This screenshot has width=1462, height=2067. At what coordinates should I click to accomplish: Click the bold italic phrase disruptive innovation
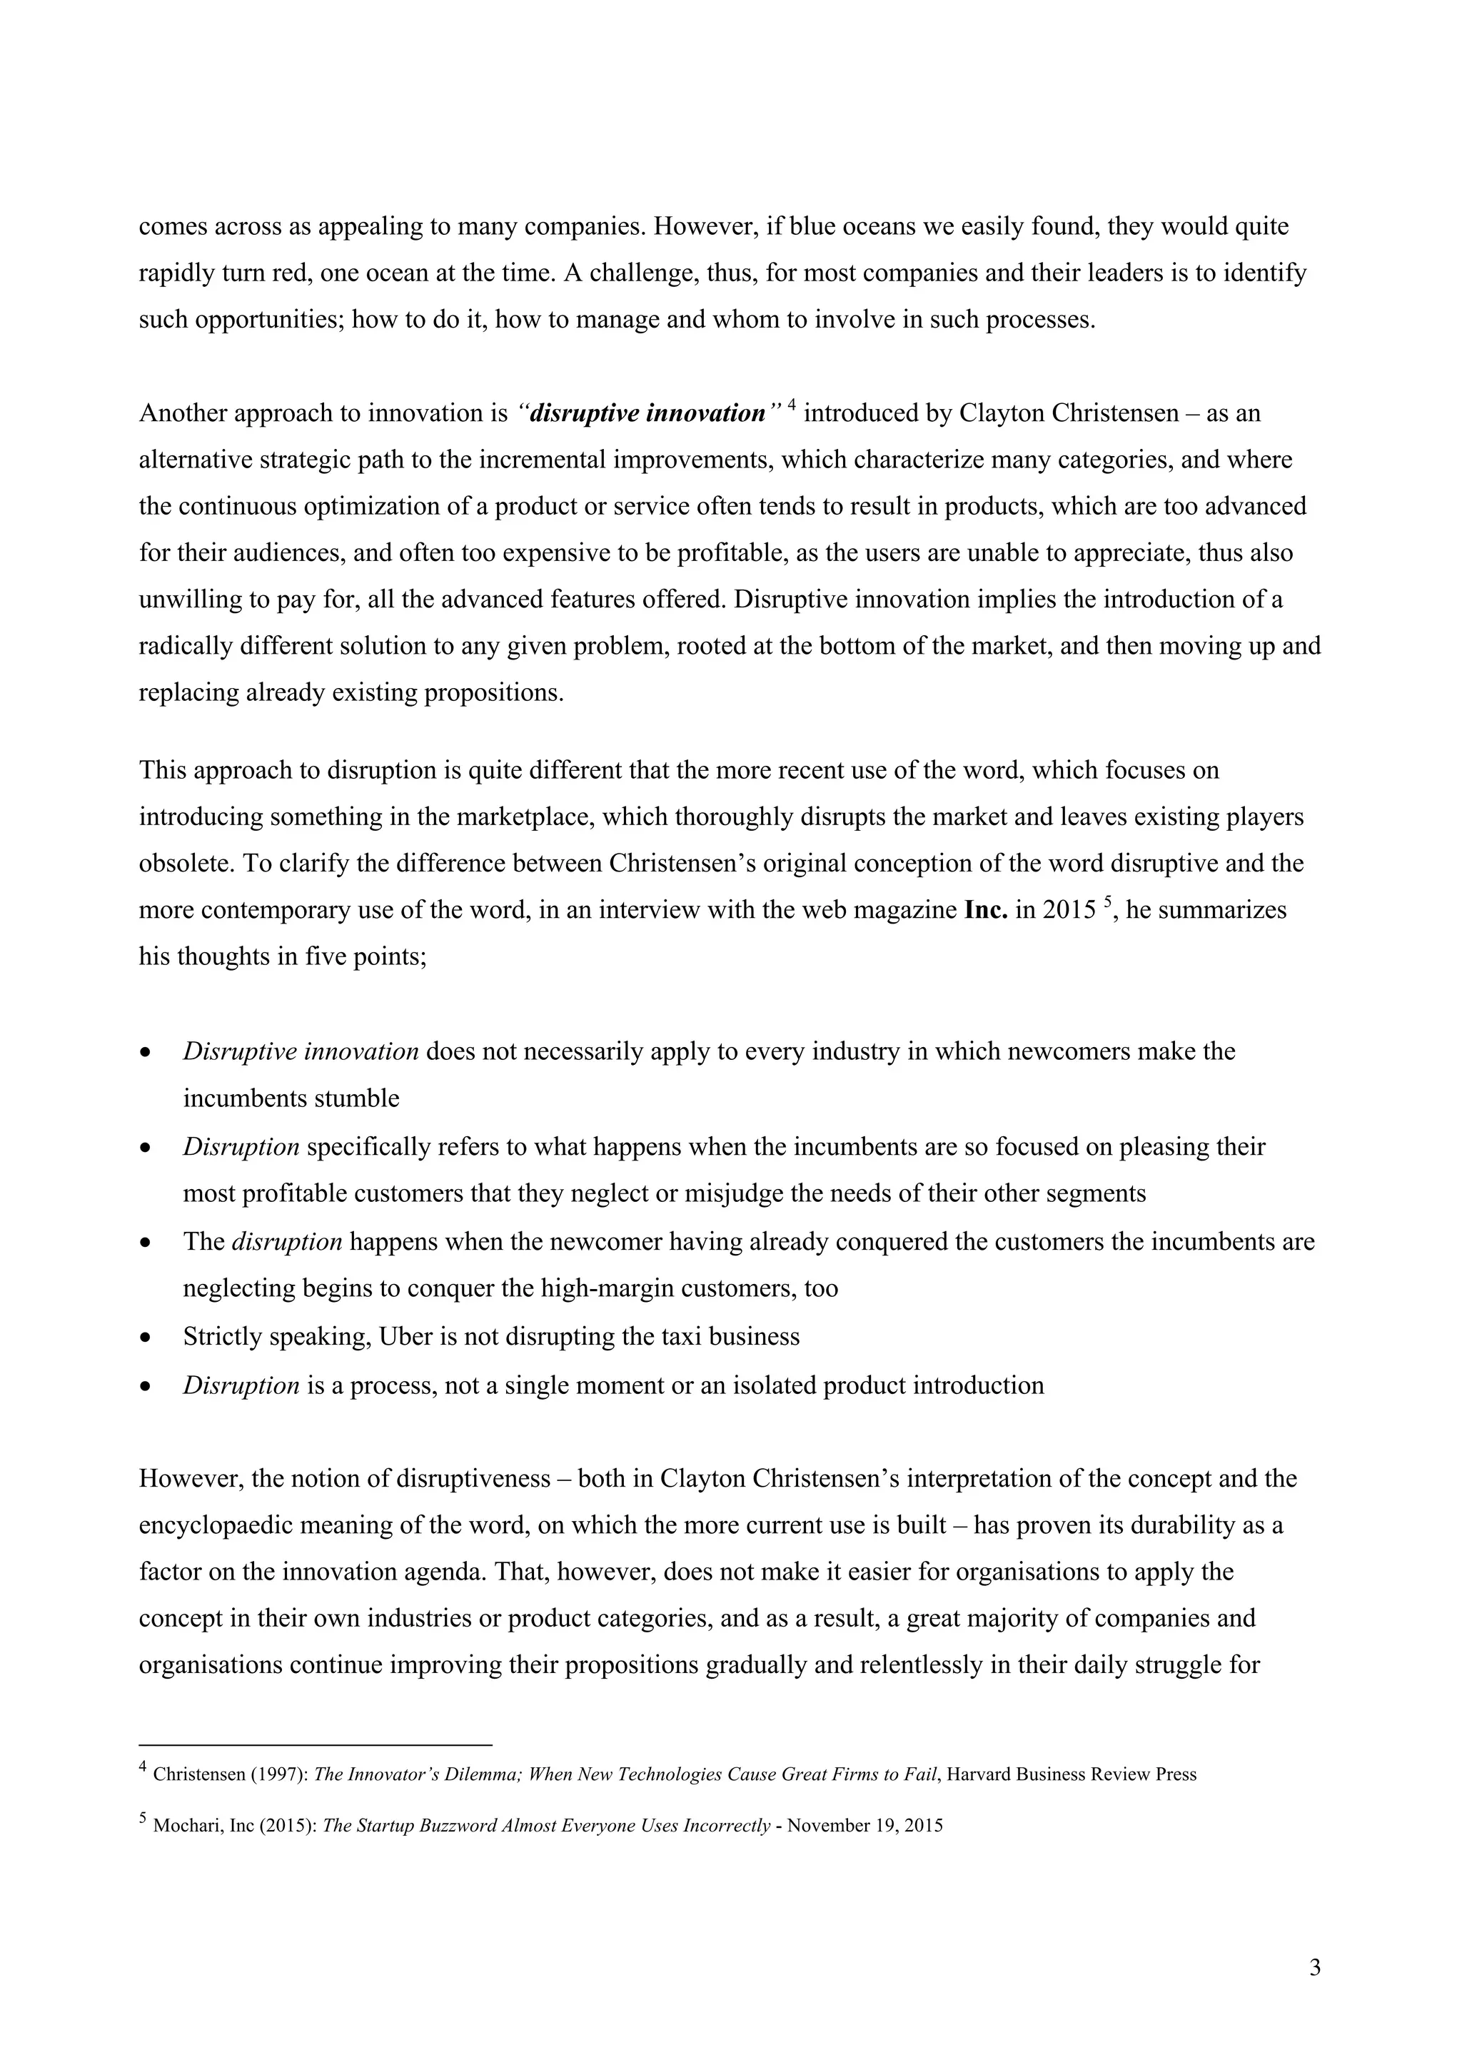pyautogui.click(x=647, y=413)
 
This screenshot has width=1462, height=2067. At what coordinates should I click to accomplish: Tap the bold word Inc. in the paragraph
pyautogui.click(x=985, y=910)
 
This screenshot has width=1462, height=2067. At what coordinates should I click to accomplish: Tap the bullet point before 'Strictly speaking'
pyautogui.click(x=145, y=1339)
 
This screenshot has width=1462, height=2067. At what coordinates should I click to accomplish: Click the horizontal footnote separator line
pyautogui.click(x=315, y=1744)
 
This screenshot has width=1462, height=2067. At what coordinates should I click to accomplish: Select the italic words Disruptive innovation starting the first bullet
pyautogui.click(x=300, y=1051)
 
